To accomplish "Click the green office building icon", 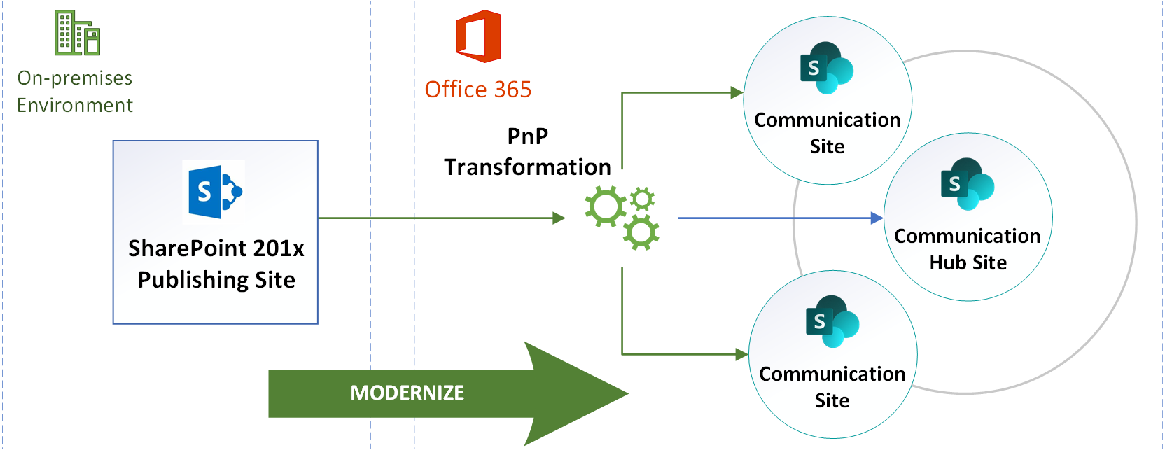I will point(77,33).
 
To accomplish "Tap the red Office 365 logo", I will point(478,36).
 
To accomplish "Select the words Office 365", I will point(478,90).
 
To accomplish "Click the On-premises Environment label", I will point(75,92).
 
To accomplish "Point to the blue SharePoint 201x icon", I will point(214,190).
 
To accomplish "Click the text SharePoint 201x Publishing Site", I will point(216,264).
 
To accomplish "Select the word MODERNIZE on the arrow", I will point(407,393).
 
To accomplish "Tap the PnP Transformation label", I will point(528,152).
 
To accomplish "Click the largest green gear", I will point(605,207).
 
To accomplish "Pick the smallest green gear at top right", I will point(642,199).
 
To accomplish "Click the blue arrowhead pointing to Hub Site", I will point(877,218).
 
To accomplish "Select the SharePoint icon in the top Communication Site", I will point(827,68).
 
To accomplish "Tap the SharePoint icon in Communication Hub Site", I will point(968,184).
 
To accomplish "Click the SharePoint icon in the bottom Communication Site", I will point(832,321).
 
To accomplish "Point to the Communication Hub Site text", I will point(968,249).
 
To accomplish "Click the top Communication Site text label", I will point(827,133).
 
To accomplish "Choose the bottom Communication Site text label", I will point(832,387).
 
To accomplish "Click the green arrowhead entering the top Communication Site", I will point(737,92).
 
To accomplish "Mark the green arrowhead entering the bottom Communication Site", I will point(742,355).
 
